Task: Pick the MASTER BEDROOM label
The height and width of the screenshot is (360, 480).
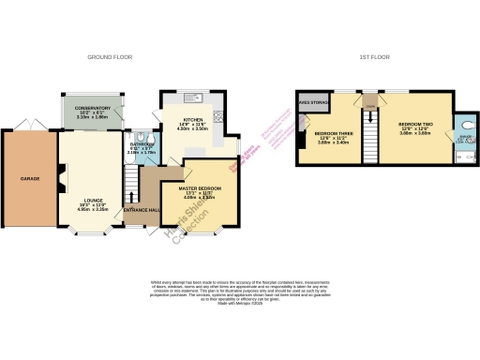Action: tap(206, 188)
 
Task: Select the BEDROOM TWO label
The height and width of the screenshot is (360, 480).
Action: tap(413, 124)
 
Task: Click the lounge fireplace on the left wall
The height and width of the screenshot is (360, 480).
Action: tap(62, 175)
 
